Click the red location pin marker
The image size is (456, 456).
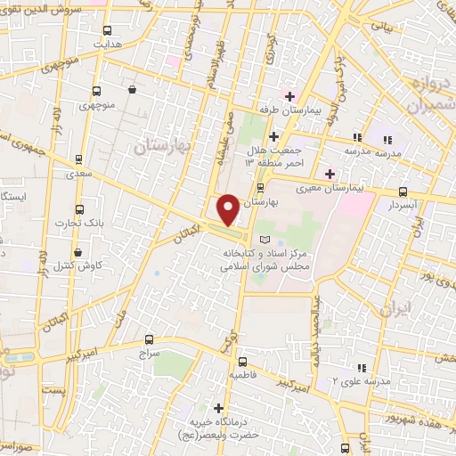(228, 209)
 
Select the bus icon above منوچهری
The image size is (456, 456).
(96, 90)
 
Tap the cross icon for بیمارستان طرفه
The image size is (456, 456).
(289, 95)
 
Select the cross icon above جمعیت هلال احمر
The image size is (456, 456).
(273, 137)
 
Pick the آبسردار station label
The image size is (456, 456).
(403, 205)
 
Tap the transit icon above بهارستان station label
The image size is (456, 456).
(260, 189)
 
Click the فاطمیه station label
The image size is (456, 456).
(242, 376)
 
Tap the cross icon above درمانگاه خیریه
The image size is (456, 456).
(218, 407)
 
